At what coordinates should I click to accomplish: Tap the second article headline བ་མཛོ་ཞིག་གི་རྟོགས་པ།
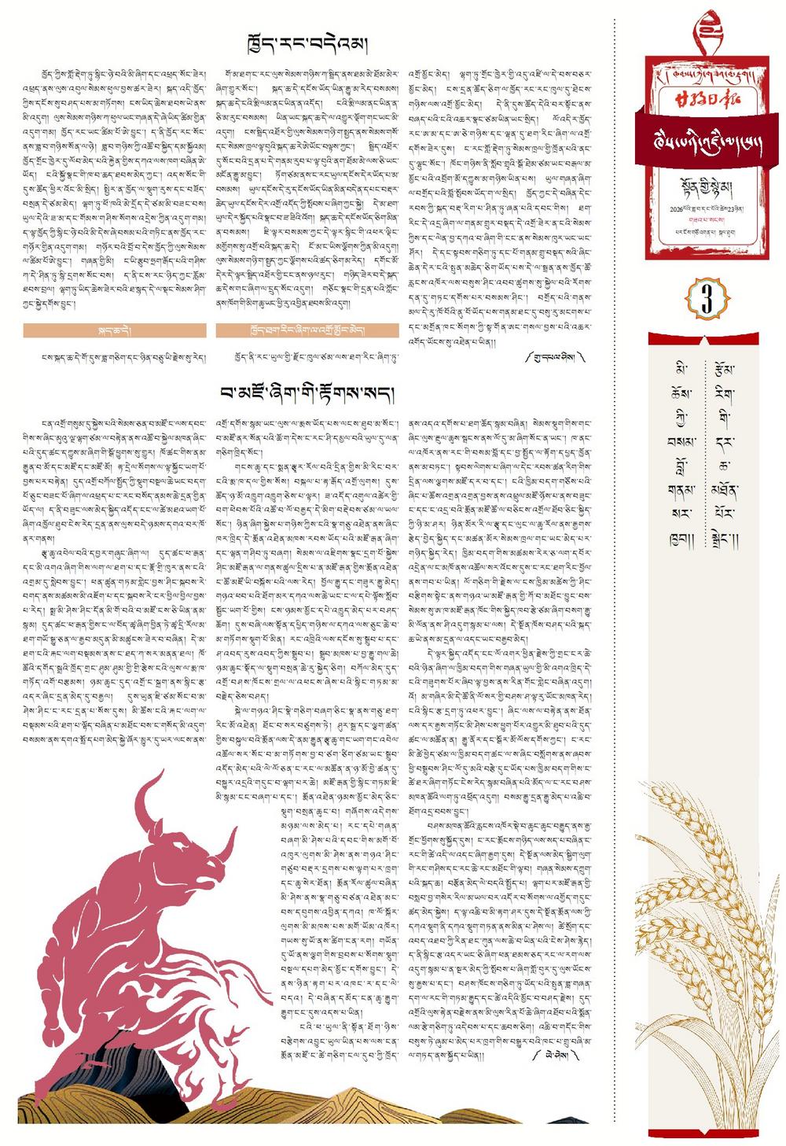click(307, 392)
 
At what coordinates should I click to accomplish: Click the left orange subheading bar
click(115, 330)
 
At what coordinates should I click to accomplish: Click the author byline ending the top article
click(555, 356)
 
